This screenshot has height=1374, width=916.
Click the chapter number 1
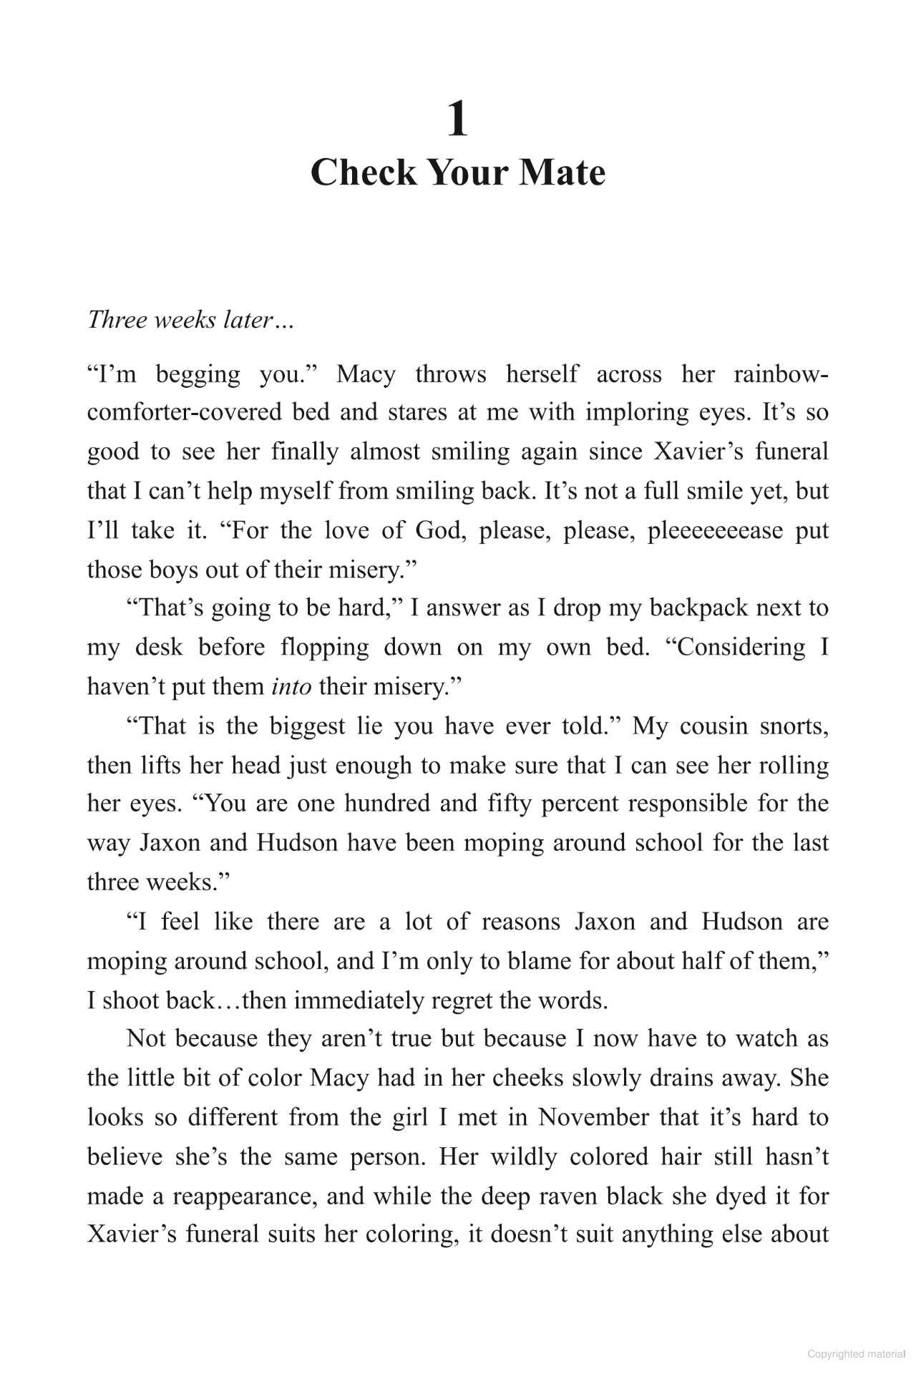pos(457,120)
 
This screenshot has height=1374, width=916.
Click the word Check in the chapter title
pos(364,173)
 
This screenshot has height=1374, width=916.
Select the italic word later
pos(250,320)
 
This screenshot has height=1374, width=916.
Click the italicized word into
pos(292,686)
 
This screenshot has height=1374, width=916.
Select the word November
pos(583,1117)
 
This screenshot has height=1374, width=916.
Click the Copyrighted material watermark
pos(856,1354)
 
